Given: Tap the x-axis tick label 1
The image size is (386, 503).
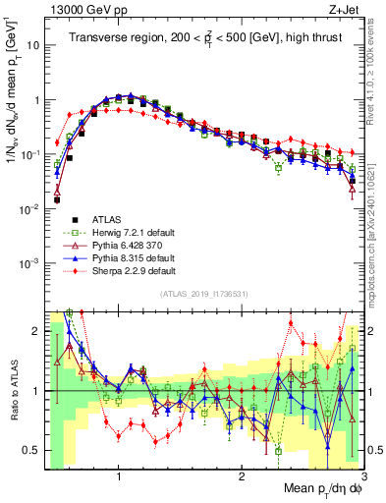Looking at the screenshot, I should pyautogui.click(x=119, y=476).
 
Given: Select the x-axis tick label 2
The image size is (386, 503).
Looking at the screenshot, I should pyautogui.click(x=242, y=476).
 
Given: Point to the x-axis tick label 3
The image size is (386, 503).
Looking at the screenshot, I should pyautogui.click(x=363, y=476).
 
